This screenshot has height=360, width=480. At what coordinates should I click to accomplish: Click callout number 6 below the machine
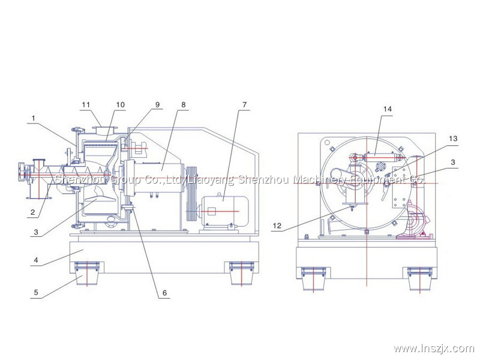coord(164,294)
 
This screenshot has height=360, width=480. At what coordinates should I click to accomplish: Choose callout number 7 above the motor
coord(244,105)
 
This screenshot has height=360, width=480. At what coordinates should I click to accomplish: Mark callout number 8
coord(183,105)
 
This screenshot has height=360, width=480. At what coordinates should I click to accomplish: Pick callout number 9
coord(158,105)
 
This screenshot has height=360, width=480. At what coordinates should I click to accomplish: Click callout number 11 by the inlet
coord(86,105)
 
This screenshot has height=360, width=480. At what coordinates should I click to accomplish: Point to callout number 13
coord(453,139)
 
